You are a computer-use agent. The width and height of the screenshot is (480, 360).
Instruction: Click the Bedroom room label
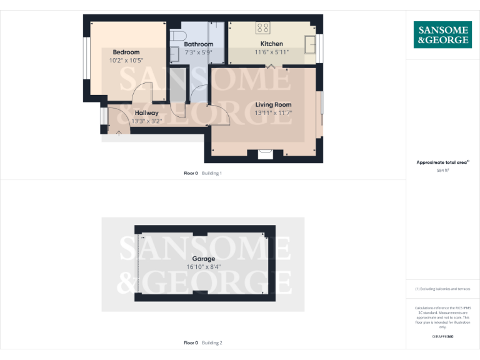point(126,52)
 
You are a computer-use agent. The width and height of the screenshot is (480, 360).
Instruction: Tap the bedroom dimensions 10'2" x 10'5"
point(126,61)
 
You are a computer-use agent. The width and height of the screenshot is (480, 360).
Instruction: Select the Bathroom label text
point(198,44)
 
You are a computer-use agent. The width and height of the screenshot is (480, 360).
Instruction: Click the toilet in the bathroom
point(175,36)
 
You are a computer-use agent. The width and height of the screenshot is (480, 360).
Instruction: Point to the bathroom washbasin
point(174,54)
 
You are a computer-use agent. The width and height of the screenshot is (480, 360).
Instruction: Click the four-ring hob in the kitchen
point(263,27)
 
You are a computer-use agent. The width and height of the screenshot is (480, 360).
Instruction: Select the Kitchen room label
point(272,44)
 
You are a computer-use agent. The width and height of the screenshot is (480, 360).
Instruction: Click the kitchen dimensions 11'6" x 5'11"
point(272,52)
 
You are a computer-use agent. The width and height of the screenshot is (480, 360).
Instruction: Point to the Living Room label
point(273,104)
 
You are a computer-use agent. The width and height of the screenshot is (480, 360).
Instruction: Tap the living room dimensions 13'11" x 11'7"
point(273,112)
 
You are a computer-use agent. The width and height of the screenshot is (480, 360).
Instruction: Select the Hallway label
point(147,113)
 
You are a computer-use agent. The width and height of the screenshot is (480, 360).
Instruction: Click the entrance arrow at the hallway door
point(119,132)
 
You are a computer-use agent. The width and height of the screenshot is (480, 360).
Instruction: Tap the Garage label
point(204,259)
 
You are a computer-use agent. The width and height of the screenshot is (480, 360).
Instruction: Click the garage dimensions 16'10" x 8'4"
point(204,267)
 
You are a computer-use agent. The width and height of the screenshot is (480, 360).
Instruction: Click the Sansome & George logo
point(442,35)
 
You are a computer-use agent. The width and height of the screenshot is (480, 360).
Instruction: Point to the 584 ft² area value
point(442,170)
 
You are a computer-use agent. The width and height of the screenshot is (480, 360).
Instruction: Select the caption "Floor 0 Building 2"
point(203,342)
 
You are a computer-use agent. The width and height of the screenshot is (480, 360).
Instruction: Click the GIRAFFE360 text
point(442,337)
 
